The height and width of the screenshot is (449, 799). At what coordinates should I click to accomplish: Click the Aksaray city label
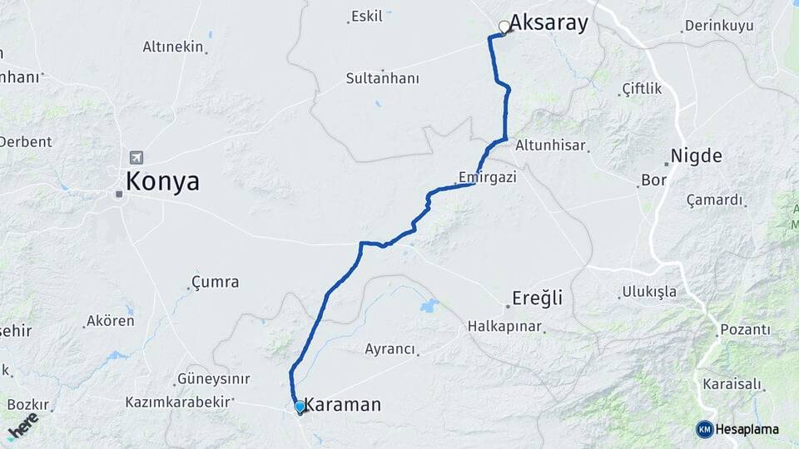tap(548, 23)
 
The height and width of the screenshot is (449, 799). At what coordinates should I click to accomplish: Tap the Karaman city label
tap(343, 405)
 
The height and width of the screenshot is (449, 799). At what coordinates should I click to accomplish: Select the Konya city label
tap(162, 181)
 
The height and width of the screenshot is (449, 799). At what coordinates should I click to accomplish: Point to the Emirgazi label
tap(489, 176)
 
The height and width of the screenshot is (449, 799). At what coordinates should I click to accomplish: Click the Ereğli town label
tap(538, 299)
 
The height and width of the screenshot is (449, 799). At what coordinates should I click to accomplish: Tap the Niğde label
tap(696, 155)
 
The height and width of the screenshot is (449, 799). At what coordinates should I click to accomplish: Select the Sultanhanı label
tap(383, 79)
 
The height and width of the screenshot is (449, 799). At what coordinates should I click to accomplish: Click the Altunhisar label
tap(551, 145)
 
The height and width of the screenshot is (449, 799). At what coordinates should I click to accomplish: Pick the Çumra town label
tap(215, 282)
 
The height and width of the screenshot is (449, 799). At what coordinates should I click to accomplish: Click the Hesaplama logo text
tap(747, 429)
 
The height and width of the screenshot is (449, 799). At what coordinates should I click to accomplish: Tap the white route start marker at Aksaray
tap(504, 27)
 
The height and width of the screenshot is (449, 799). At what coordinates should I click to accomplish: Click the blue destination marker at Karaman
tap(300, 407)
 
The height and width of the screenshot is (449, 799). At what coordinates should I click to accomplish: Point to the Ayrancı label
tap(390, 349)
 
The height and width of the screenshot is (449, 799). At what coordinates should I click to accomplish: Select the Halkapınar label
tap(504, 326)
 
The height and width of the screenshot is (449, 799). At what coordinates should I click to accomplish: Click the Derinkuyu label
tap(718, 26)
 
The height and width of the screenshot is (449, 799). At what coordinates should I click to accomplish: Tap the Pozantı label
tap(745, 330)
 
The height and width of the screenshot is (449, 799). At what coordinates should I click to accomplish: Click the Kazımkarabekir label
tap(178, 402)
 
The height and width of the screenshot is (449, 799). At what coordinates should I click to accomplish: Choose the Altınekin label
tap(173, 47)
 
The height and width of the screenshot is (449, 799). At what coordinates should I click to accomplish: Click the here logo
tap(22, 424)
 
